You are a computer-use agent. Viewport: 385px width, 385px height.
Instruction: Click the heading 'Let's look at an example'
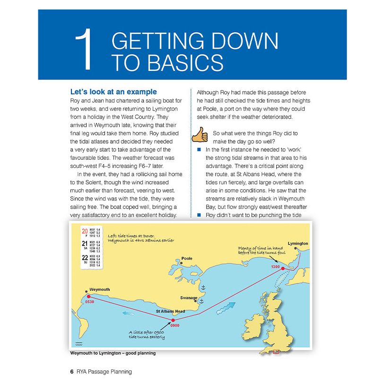point(113,92)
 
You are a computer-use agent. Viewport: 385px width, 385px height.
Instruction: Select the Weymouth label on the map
point(100,289)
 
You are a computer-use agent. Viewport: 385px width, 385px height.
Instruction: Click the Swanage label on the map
point(188,298)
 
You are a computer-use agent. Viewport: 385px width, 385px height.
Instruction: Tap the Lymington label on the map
point(297,244)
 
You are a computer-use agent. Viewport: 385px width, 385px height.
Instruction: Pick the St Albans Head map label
point(170,312)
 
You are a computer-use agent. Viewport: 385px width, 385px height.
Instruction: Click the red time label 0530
point(90,301)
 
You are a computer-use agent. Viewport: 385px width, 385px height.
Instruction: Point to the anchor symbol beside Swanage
point(201,301)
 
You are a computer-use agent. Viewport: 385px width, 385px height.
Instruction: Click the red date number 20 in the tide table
point(85,231)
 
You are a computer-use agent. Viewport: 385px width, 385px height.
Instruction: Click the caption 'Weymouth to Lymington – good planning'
point(112,353)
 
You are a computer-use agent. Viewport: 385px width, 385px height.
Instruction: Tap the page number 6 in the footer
point(71,372)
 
